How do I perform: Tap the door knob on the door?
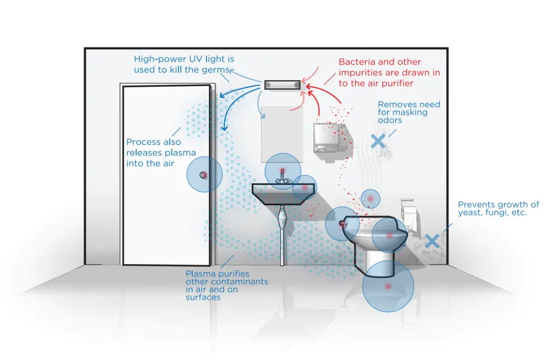coord(204,175)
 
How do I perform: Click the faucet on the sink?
coord(283,176)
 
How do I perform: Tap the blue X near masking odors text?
coord(378,141)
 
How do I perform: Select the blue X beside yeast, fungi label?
coord(432,241)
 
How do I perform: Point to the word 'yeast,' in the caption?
coord(470,213)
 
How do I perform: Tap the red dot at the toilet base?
coord(388,287)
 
